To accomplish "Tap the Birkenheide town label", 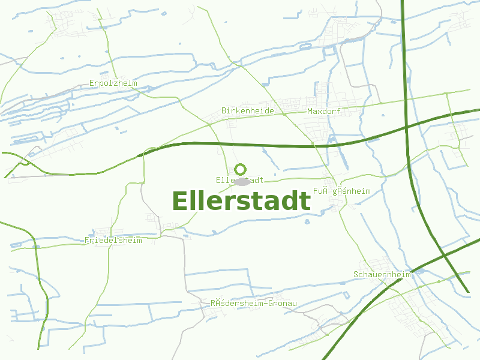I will (x=247, y=111).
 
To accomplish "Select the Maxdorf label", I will (x=323, y=112).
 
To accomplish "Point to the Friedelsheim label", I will (x=113, y=241).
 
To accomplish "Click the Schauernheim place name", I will (x=382, y=274).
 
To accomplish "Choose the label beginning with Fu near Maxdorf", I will (x=341, y=191).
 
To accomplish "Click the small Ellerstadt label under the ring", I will (x=240, y=180).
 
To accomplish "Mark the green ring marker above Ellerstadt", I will (x=241, y=169).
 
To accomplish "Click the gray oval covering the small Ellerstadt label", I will (x=242, y=181).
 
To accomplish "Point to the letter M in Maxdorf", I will (x=310, y=112).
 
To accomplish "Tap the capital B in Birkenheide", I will (x=224, y=111).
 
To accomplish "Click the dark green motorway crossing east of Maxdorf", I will (x=406, y=127).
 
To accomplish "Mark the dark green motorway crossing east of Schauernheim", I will (x=445, y=254).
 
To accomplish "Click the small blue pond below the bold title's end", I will (x=307, y=221).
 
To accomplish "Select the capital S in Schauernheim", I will (x=356, y=274).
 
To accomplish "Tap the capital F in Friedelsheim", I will (x=87, y=241).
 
